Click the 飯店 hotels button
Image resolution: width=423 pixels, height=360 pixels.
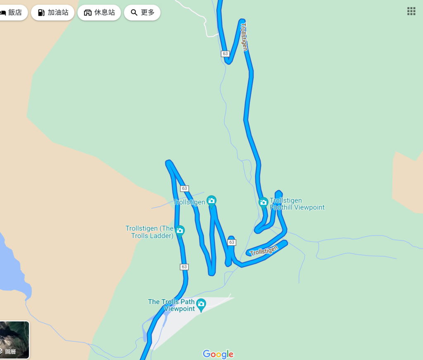[12, 12]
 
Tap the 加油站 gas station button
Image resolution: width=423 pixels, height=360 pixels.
[52, 12]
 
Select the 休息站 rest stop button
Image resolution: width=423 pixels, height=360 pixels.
[99, 12]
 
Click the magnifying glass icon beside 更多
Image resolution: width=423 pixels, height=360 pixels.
[134, 12]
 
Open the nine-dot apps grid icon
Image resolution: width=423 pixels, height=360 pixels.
[411, 11]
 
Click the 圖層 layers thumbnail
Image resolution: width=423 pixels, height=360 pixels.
[14, 340]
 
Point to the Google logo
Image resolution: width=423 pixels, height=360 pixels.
[218, 354]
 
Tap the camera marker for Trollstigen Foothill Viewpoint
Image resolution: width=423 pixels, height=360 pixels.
[263, 203]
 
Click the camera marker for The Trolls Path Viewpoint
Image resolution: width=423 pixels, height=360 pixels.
[201, 304]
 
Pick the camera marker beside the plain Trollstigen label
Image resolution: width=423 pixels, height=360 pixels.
[211, 201]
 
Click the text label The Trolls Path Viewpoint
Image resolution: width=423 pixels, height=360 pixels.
[171, 306]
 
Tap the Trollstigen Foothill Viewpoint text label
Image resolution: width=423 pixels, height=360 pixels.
[297, 204]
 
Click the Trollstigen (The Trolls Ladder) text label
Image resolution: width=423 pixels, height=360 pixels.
[150, 232]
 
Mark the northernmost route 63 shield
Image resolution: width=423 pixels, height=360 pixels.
[225, 54]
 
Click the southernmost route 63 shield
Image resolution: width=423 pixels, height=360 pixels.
[184, 267]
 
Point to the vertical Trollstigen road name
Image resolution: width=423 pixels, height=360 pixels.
[244, 37]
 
